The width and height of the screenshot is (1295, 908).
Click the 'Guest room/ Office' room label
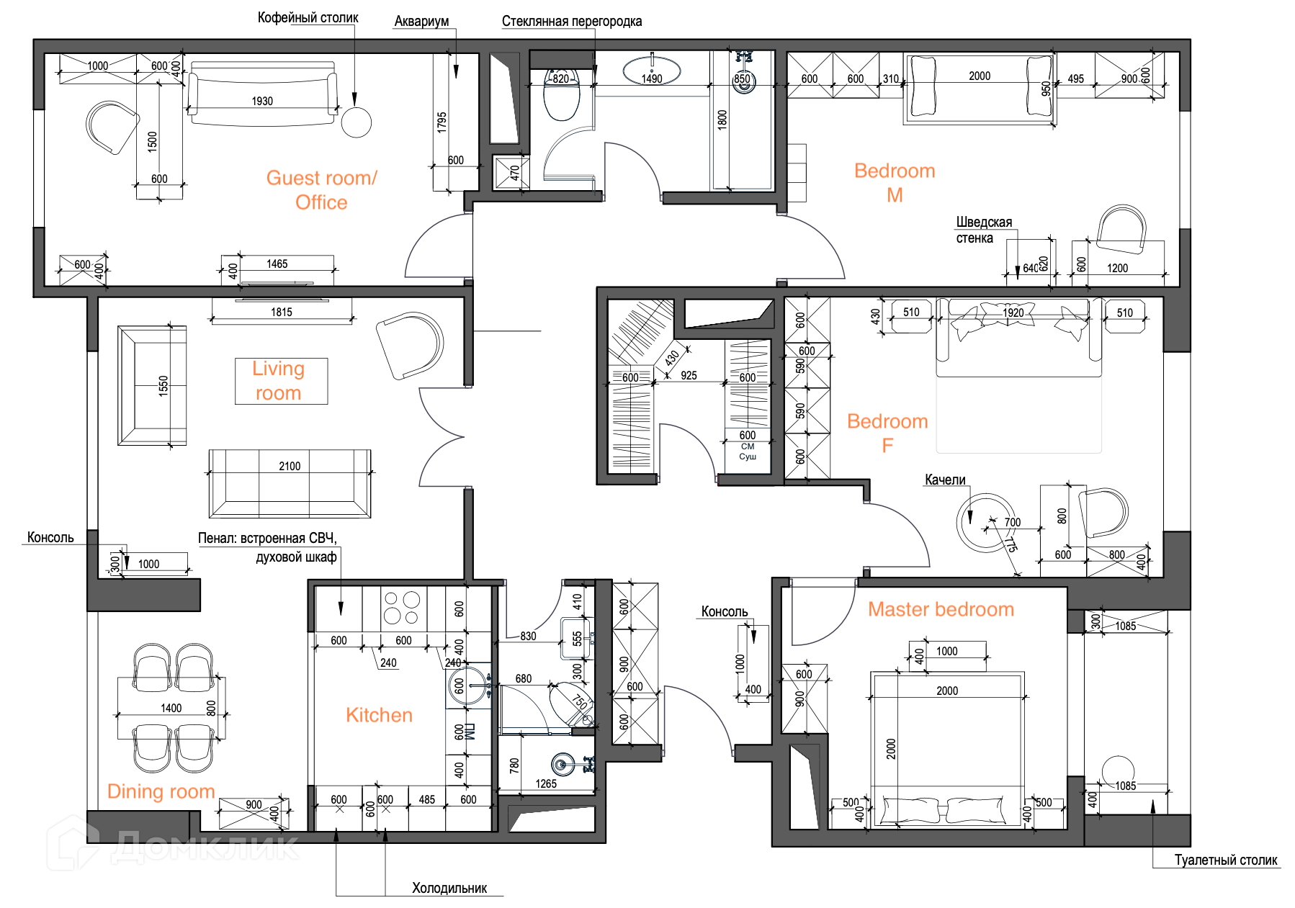click(321, 190)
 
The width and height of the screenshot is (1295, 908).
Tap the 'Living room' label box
click(281, 381)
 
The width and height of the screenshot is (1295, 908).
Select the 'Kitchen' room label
click(379, 715)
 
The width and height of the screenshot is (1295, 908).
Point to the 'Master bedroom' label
click(941, 609)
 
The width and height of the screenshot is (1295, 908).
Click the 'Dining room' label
click(161, 791)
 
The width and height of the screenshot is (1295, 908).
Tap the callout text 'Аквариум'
click(421, 22)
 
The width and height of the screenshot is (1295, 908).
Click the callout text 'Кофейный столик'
click(308, 17)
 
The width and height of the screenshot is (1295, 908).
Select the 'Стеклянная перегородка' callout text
click(572, 22)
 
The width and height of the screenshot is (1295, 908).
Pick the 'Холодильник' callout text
click(449, 888)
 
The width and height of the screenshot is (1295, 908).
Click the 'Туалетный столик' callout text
click(1226, 860)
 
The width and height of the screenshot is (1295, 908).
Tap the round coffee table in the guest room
click(356, 122)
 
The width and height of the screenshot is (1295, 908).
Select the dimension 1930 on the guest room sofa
click(262, 101)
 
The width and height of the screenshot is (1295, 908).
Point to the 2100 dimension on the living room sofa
click(290, 466)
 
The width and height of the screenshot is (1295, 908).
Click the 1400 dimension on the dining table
click(171, 708)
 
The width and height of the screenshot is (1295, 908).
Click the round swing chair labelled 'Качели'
click(986, 523)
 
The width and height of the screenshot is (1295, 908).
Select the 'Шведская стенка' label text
click(984, 230)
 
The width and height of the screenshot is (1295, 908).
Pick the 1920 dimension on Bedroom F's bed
click(1013, 313)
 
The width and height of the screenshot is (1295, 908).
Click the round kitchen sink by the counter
click(467, 686)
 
